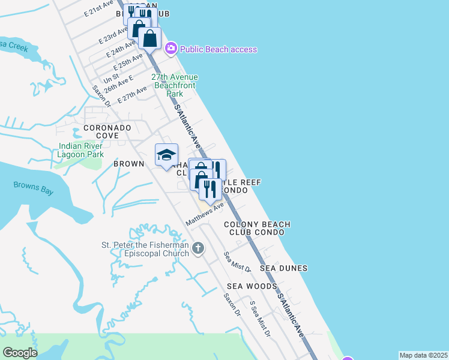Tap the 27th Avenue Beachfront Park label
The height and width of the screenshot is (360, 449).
(x=174, y=86)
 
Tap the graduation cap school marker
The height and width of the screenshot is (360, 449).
(x=166, y=155)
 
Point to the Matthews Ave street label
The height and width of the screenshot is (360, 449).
(x=205, y=214)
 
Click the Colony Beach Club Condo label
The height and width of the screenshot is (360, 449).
(x=257, y=228)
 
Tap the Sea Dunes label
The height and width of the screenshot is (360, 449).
(x=283, y=268)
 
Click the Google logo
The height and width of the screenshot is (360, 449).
(x=20, y=353)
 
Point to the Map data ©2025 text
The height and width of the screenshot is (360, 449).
(x=423, y=355)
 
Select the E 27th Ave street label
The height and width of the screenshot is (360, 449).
(x=132, y=95)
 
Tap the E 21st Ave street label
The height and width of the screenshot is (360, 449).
(x=99, y=8)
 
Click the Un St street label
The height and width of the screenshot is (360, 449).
(x=112, y=78)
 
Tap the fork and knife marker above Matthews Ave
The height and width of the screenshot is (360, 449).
(x=210, y=189)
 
